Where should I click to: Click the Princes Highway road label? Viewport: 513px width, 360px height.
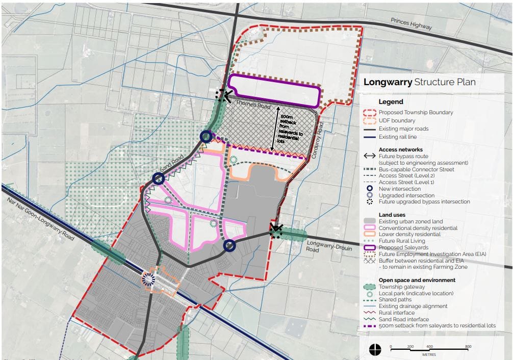pos(411,26)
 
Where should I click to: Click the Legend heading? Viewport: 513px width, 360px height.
pos(391,101)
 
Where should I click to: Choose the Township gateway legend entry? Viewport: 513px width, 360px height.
pos(401,287)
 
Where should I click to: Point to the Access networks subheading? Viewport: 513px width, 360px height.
pos(401,149)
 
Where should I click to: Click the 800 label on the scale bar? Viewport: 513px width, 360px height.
pos(468,346)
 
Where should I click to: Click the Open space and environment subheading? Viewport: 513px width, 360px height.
pos(417,280)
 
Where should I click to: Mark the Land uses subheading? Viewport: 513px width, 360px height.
pos(392,215)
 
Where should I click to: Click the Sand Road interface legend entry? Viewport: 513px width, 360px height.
pos(404,319)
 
